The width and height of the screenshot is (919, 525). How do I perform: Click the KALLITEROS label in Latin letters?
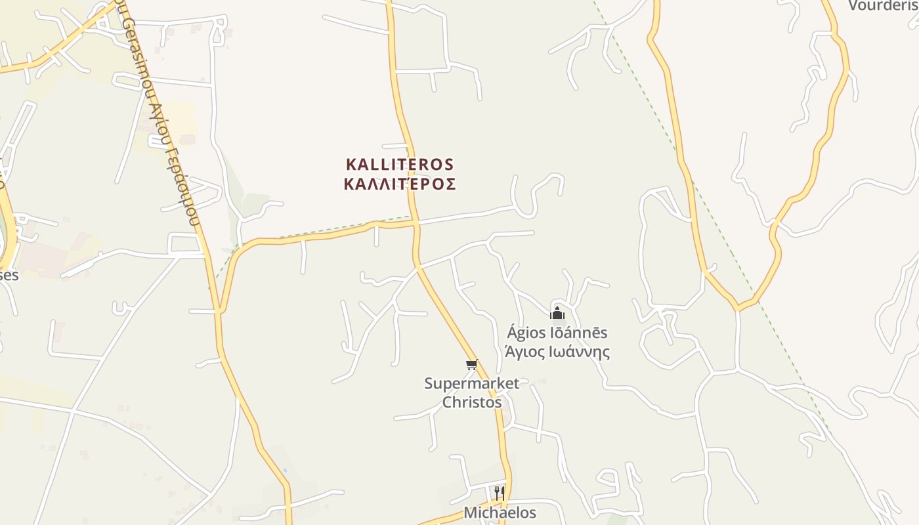[400, 164]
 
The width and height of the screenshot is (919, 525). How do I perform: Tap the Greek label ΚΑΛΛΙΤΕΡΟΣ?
[400, 184]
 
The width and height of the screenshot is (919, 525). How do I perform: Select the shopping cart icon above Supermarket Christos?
[471, 365]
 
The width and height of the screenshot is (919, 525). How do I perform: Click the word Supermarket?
[471, 383]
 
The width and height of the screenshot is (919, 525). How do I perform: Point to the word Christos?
[471, 402]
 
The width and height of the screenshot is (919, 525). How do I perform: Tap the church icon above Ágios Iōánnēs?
[557, 312]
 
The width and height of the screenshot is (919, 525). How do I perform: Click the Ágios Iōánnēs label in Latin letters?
[557, 333]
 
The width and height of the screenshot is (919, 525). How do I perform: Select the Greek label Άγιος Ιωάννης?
[557, 352]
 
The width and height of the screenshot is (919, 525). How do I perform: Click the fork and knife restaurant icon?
[500, 492]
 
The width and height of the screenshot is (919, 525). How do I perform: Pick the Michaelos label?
[500, 513]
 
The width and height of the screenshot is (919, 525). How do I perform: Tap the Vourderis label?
[883, 6]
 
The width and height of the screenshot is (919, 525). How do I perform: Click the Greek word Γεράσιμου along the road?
[183, 187]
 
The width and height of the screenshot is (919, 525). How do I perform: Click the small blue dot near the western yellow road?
[284, 471]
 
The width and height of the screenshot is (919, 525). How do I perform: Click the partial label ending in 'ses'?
[9, 275]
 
